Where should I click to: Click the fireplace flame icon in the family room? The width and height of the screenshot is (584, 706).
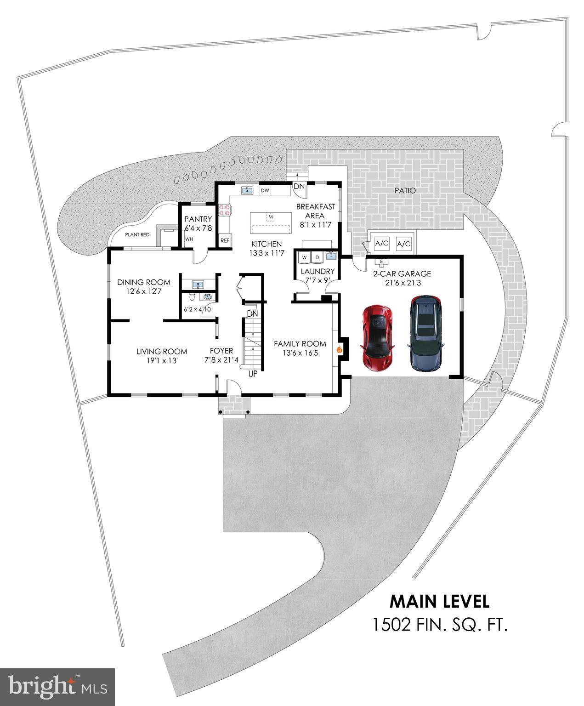click(340, 350)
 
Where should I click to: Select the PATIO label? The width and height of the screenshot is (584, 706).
click(404, 190)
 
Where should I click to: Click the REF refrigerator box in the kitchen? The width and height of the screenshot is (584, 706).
click(225, 240)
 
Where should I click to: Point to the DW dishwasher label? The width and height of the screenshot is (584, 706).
click(265, 190)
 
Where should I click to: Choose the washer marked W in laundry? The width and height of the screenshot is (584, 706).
click(305, 257)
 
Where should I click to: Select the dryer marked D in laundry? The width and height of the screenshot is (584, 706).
click(317, 257)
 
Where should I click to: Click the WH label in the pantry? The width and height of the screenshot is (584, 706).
click(189, 239)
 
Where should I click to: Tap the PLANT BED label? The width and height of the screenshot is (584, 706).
click(137, 235)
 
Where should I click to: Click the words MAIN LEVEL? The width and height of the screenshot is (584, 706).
click(439, 601)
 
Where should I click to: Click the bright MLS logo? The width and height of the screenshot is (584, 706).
click(57, 687)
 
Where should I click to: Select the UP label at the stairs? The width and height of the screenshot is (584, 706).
click(253, 374)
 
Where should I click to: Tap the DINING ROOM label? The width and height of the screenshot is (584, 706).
click(143, 282)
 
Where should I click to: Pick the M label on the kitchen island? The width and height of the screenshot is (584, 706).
click(271, 216)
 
